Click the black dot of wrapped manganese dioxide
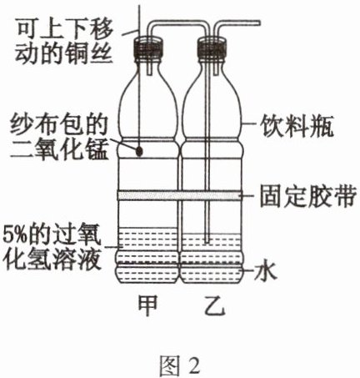coord(139,151)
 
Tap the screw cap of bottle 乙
coord(212,49)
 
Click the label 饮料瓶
coord(297,128)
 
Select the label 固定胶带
coord(307,197)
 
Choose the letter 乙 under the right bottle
coord(214,305)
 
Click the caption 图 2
coord(180,365)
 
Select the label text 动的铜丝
coord(63,53)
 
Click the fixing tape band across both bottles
coord(179,195)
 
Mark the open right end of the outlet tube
coord(259,23)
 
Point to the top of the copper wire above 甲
coord(140,1)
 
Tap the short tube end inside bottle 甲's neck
coord(150,73)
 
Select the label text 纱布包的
coord(58,126)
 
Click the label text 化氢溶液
coord(52,260)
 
